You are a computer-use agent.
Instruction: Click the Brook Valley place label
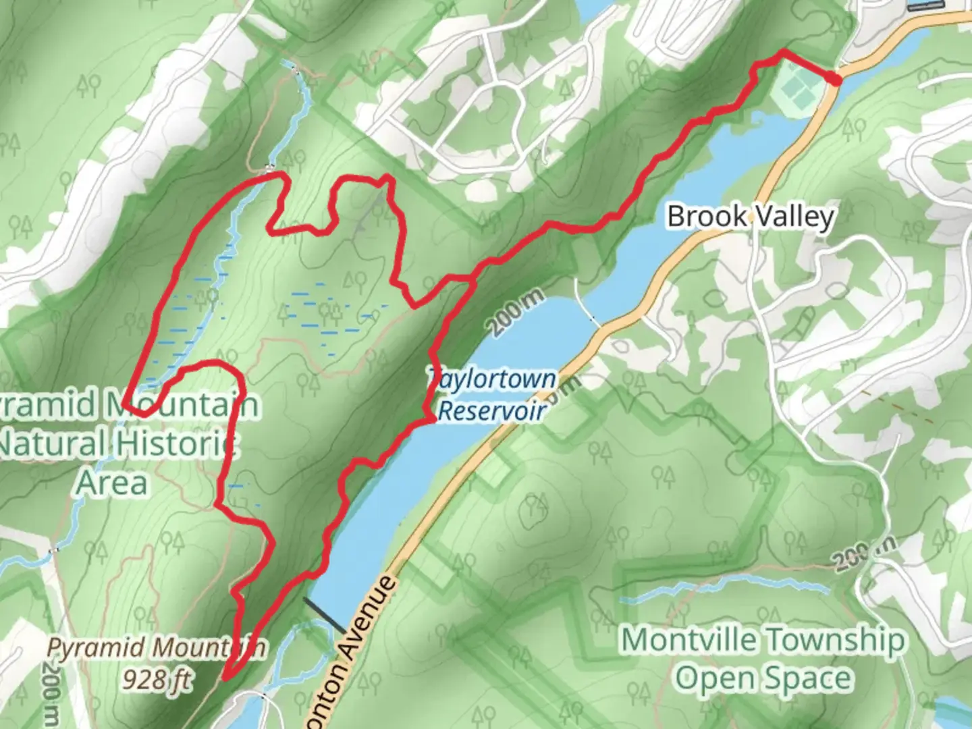[x=751, y=217]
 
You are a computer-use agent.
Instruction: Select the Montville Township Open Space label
[x=763, y=658]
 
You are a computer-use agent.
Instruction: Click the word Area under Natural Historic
[x=112, y=483]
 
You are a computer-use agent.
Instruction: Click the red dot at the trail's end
[x=835, y=80]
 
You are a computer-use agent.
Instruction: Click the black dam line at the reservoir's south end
[x=325, y=614]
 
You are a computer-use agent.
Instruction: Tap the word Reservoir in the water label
[x=491, y=410]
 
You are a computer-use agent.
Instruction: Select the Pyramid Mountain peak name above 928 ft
[x=155, y=648]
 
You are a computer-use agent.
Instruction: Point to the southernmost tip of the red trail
[x=225, y=678]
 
